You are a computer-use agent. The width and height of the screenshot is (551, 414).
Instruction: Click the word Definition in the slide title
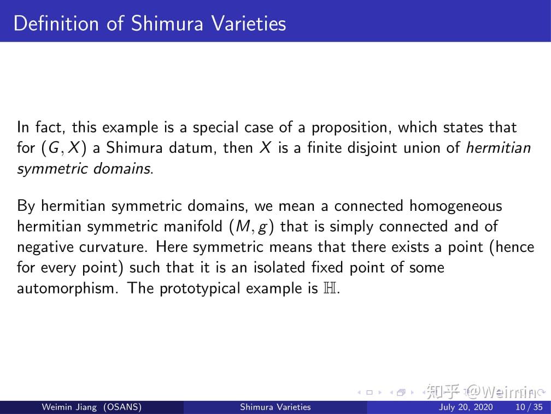point(57,24)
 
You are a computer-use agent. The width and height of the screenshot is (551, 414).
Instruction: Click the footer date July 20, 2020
point(465,407)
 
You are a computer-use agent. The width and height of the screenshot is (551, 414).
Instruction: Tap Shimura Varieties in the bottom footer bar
point(275,407)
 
